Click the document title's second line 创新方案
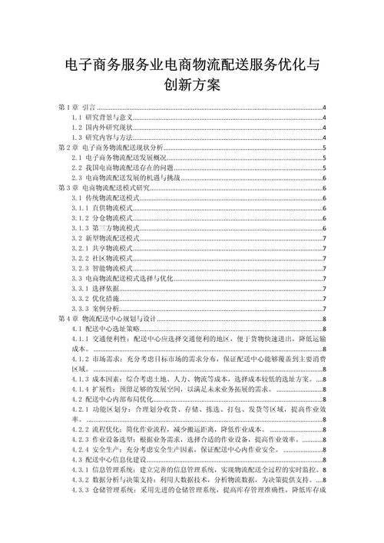(192, 84)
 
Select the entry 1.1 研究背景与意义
(103, 117)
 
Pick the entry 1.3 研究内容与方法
(103, 136)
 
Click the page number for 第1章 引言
(324, 107)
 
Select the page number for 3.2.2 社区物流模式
(325, 258)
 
